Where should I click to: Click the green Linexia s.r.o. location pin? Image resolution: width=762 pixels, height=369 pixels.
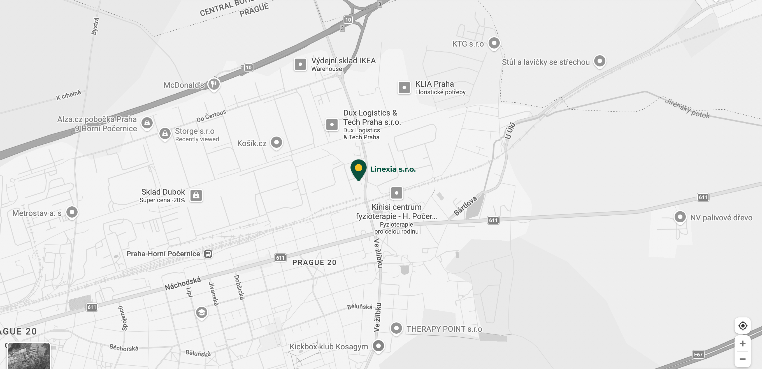tap(358, 169)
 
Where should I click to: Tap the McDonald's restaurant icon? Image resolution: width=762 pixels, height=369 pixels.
tap(214, 84)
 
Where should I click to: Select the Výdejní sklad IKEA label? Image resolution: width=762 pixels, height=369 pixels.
tap(343, 61)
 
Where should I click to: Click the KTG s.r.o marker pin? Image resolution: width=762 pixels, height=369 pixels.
tap(494, 43)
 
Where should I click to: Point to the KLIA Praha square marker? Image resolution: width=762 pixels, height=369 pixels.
tap(404, 88)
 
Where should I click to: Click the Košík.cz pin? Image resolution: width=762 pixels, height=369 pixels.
tap(276, 142)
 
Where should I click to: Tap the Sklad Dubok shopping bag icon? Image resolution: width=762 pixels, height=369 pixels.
tap(196, 195)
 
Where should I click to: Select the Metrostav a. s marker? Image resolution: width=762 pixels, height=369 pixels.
tap(72, 212)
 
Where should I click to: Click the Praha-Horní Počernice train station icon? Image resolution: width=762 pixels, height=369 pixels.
tap(208, 254)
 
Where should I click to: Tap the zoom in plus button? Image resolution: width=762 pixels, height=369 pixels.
tap(742, 343)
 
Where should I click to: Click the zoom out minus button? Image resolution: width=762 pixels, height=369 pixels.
tap(742, 359)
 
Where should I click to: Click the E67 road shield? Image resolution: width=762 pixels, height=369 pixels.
tap(698, 354)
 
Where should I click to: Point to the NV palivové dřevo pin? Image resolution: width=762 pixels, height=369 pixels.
tap(680, 217)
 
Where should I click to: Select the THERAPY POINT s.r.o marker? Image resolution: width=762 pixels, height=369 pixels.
tap(396, 328)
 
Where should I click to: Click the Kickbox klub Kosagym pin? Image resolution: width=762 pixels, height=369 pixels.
tap(378, 346)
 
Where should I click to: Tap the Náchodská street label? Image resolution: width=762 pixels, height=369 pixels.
tap(182, 284)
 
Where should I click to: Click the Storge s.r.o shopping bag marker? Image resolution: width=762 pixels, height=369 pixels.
tap(165, 133)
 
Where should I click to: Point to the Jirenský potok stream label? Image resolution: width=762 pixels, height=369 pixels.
tap(687, 109)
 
